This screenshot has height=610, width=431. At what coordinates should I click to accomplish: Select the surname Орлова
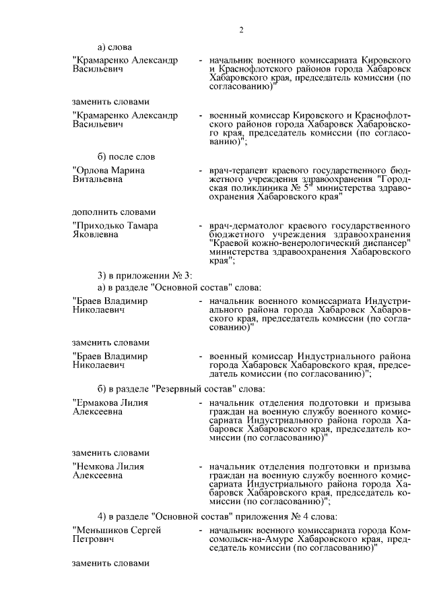pos(93,171)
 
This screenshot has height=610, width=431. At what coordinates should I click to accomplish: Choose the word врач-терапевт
pos(239,171)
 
